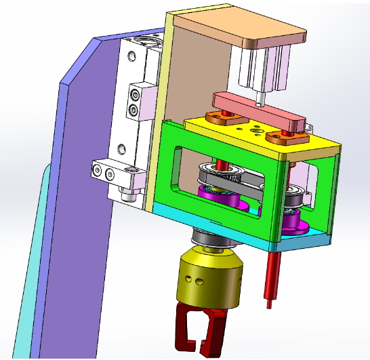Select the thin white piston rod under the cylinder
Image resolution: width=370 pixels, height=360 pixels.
coord(261,98)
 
